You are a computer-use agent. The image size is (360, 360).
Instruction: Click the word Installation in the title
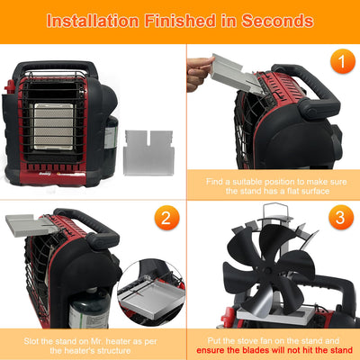tap(95, 20)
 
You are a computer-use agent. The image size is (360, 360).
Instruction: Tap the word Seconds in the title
tap(275, 20)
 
